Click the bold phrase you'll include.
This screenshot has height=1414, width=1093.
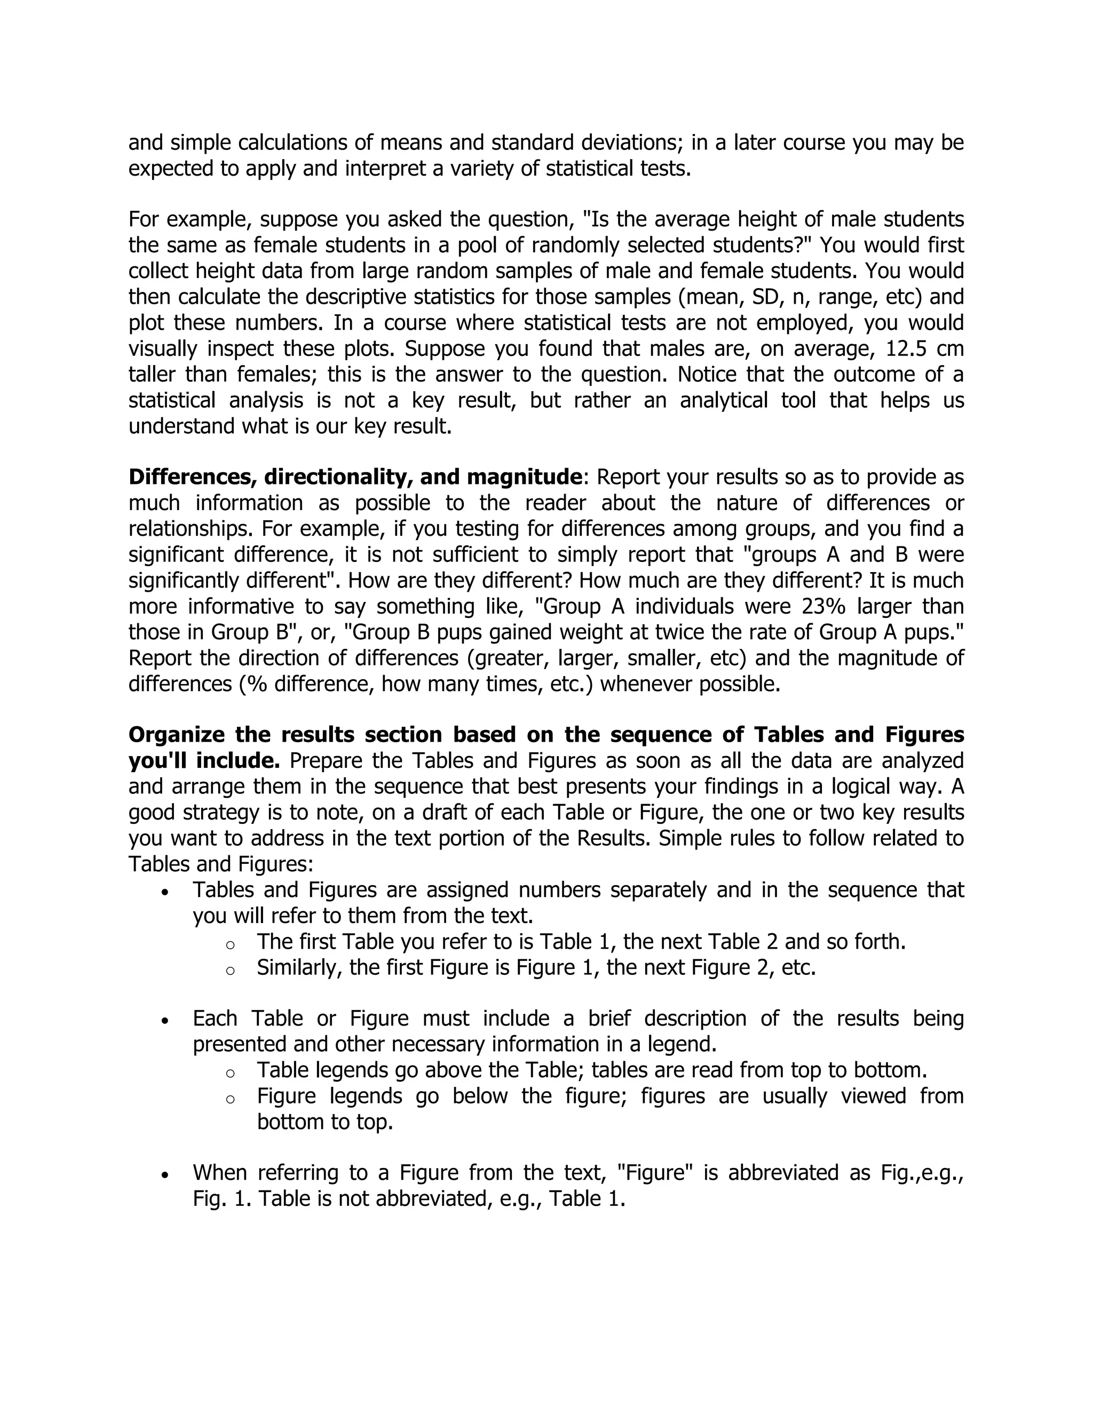point(204,761)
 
